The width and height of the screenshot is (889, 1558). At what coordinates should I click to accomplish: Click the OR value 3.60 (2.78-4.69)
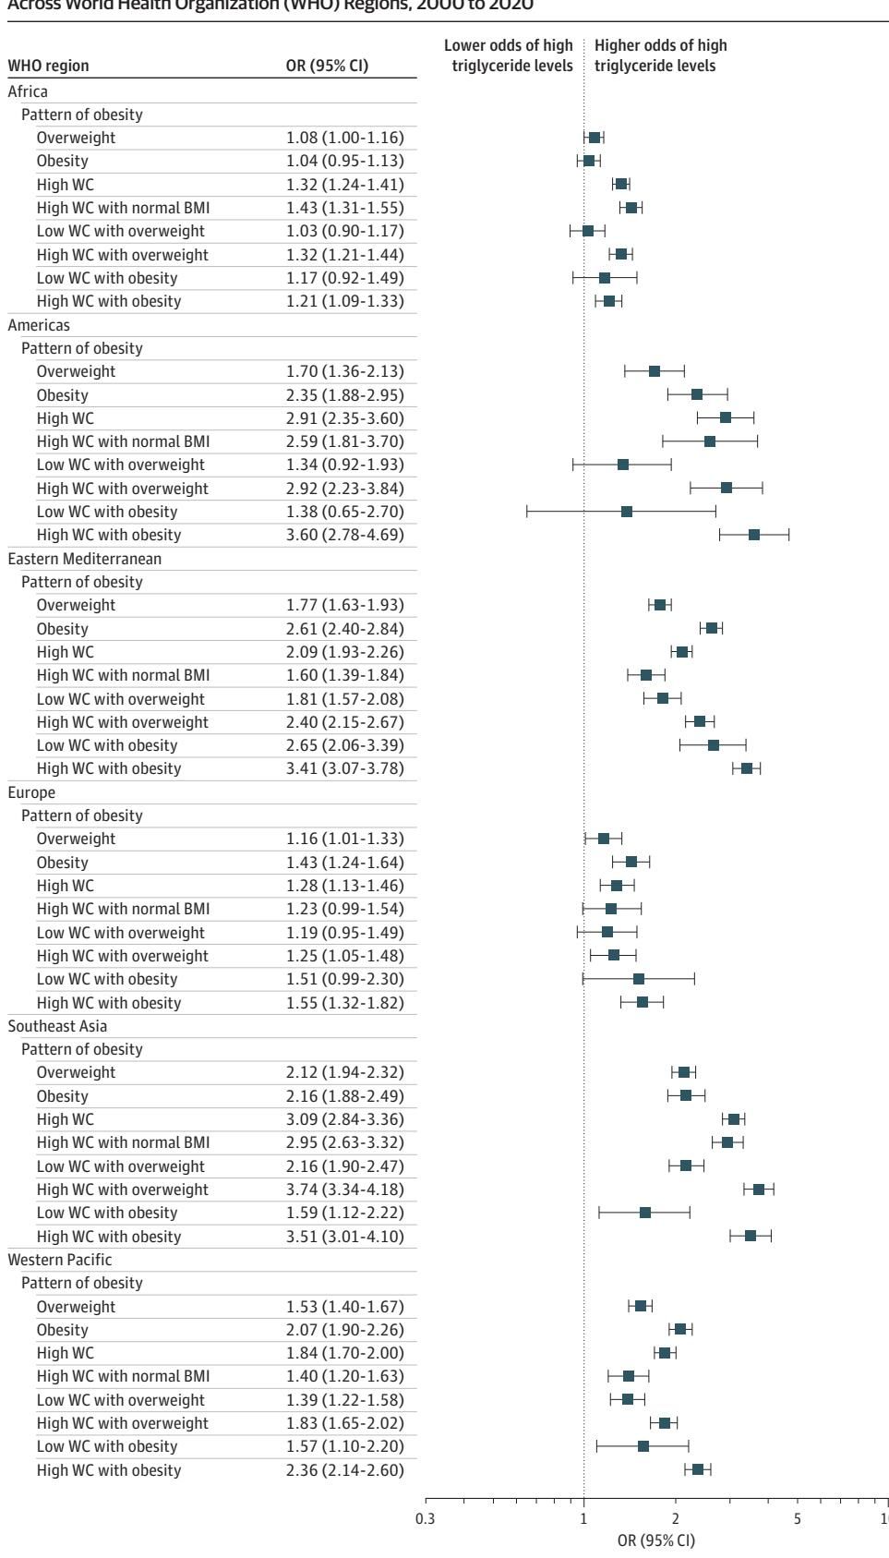(x=344, y=535)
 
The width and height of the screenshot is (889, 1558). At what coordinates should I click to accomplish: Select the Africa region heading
(x=27, y=91)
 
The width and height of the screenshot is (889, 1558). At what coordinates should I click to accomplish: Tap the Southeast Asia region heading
(x=57, y=1026)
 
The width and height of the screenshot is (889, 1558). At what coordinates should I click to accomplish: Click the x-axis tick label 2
(x=675, y=1521)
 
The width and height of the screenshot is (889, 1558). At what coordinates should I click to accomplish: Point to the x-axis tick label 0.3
(x=426, y=1521)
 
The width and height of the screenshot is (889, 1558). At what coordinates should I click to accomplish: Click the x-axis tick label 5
(x=798, y=1521)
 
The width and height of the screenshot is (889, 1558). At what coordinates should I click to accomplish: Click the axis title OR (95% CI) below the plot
(x=655, y=1540)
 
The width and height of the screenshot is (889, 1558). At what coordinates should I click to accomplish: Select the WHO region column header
(x=48, y=66)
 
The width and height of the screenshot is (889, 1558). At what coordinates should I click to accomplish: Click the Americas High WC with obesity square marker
(x=754, y=535)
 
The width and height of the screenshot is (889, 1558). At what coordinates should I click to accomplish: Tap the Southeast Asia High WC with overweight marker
(x=759, y=1190)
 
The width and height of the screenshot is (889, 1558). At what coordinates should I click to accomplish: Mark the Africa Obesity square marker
(x=589, y=161)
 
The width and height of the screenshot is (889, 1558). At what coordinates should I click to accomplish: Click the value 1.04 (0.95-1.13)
(x=344, y=161)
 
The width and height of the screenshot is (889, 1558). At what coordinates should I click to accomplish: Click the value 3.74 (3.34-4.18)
(x=344, y=1190)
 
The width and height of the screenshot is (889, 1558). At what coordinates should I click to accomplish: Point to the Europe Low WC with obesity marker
(x=639, y=979)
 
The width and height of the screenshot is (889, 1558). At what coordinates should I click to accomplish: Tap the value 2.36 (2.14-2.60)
(x=344, y=1470)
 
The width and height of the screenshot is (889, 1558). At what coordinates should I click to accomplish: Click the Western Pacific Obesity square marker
(x=680, y=1329)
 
